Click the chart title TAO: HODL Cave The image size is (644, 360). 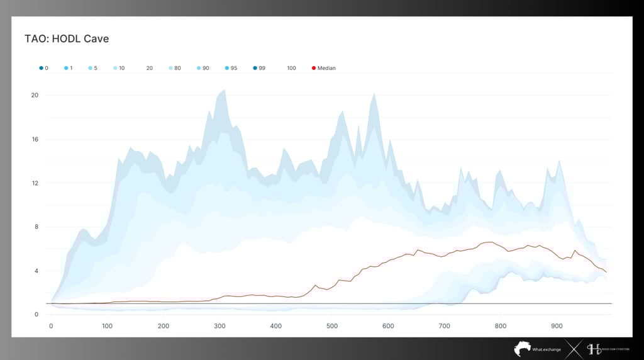[67, 39]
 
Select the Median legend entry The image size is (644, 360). [326, 68]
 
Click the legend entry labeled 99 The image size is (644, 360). [262, 68]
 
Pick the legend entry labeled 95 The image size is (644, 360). [233, 68]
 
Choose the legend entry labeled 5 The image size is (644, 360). [95, 68]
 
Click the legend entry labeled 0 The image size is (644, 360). [46, 68]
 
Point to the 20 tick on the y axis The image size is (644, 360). [35, 96]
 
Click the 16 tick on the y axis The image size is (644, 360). [35, 140]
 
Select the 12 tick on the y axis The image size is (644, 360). [35, 183]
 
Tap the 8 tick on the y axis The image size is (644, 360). [36, 227]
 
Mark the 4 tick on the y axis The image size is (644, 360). [36, 271]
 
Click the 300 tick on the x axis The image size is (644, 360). [219, 326]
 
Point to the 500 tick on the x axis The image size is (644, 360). [332, 326]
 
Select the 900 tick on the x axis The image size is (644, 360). [557, 326]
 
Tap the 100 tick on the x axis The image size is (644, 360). [108, 326]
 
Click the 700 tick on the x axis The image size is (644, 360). [445, 326]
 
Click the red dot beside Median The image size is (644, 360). [314, 68]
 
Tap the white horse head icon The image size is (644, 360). [522, 349]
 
